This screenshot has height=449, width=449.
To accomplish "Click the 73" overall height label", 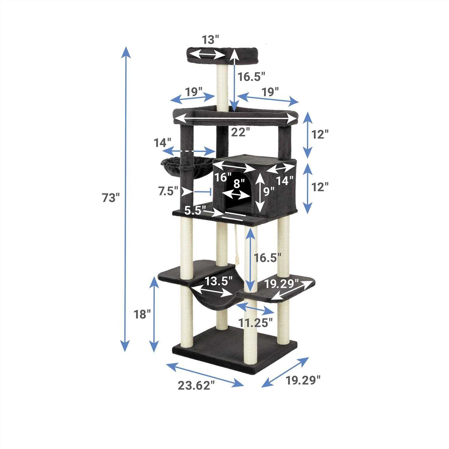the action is click(111, 198).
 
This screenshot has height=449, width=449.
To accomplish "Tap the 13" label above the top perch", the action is click(210, 39).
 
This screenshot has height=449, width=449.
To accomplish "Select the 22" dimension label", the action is click(240, 132).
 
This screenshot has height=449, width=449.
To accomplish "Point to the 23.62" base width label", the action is click(197, 385).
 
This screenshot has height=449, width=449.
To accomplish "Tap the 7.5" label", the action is click(168, 191).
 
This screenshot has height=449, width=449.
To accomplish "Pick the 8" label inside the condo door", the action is click(237, 184).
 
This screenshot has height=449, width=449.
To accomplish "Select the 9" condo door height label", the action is click(269, 191).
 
